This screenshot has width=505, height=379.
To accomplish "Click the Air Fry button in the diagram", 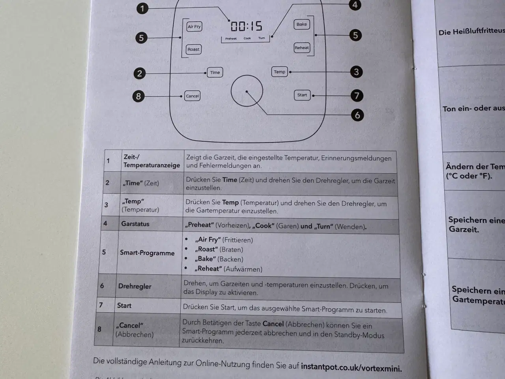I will coord(194,26).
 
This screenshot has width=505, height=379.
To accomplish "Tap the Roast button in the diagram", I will coord(193,49).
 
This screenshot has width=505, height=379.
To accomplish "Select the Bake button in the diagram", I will coord(301,24).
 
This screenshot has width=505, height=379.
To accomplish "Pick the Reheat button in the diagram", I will coord(302,48).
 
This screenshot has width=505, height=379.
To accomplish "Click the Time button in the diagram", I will coord(215,72).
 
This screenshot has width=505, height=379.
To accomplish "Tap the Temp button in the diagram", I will coord(279,72).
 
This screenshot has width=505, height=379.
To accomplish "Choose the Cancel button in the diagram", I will coord(193,96).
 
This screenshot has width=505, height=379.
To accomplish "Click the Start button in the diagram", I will coord(302,95).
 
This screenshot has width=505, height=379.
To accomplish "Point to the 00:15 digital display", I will coord(247,26).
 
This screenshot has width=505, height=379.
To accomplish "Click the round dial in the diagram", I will coord(247,91).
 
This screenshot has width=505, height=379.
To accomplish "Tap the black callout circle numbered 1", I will coord(142,8).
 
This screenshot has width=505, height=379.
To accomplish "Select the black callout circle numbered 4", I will coord(355,5).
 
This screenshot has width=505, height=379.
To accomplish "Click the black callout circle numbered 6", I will coord(357,115).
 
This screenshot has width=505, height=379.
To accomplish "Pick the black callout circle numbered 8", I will coord(138,96).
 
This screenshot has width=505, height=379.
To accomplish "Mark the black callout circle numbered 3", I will coord(356,72).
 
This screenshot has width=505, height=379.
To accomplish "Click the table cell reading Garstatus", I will coord(135,224).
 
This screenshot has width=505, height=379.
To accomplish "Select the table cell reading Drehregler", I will coord(135,286).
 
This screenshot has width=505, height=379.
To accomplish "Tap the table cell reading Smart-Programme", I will coord(147,253).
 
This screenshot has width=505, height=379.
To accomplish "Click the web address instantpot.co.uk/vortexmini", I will coord(351,368).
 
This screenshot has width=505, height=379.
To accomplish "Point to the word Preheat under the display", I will coord(231,39).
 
